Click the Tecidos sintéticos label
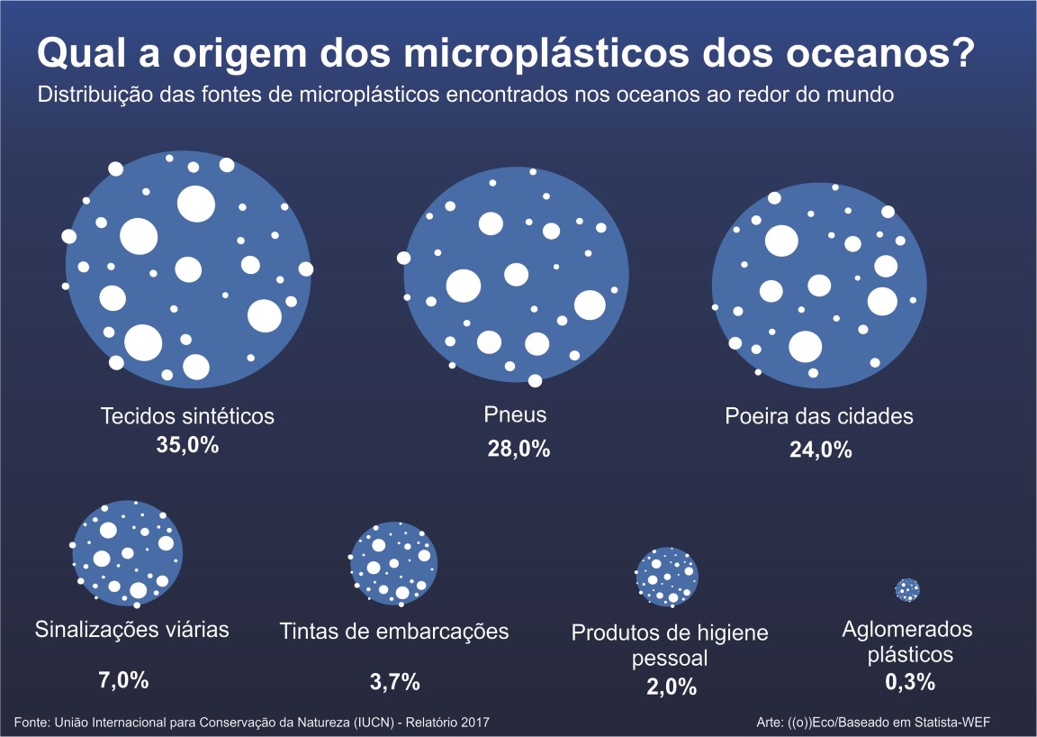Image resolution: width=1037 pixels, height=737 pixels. [187, 416]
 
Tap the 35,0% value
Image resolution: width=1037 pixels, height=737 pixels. [187, 446]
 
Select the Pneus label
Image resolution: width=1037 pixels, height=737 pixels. [515, 416]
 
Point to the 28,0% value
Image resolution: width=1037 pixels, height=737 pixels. [518, 450]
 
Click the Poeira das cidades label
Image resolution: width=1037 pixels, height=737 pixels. [819, 416]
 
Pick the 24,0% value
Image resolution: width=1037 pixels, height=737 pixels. [820, 450]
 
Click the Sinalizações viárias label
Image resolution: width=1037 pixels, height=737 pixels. [131, 629]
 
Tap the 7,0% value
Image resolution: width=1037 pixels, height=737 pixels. [123, 680]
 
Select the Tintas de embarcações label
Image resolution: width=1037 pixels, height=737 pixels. [393, 631]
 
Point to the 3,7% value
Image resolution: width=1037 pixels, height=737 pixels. [394, 682]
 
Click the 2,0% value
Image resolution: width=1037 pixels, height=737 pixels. [672, 687]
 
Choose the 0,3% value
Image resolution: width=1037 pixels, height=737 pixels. [909, 682]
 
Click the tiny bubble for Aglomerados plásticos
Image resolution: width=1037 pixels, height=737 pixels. [907, 589]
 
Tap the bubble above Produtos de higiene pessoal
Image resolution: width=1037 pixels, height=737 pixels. [667, 577]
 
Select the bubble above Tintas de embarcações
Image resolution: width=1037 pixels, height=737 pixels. [393, 563]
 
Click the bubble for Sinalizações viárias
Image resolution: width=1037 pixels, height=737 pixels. [128, 551]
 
